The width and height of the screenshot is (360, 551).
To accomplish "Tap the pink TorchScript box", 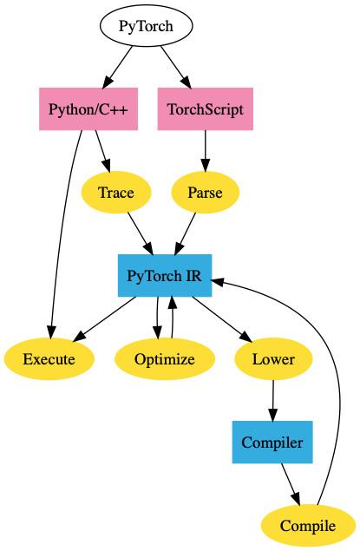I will pos(206,109).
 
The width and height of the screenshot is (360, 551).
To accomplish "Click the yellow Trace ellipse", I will pos(115,193).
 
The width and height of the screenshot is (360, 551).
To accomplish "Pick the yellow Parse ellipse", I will pos(205,193).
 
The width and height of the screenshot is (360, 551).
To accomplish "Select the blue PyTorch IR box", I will pos(165,276).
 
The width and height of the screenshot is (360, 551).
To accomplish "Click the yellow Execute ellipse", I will pos(49,359).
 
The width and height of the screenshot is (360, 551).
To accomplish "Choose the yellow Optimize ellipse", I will pos(165,359).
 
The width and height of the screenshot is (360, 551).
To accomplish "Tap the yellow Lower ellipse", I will pos(273,359).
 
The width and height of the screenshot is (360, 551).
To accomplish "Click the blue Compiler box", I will pos(272,443).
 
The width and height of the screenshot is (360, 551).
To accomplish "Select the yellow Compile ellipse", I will pos(308,526).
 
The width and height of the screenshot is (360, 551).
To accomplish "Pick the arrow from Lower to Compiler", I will pos(273,401).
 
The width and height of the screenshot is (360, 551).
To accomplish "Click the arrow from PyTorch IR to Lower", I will pos(220,318).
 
